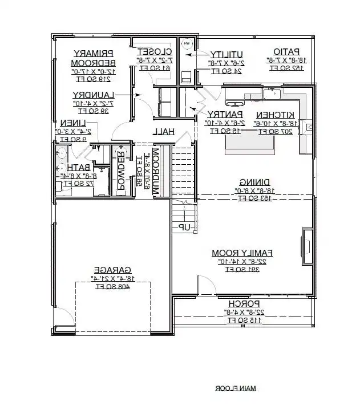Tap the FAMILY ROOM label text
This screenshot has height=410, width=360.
pyautogui.click(x=242, y=252)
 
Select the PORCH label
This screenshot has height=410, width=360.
pyautogui.click(x=243, y=303)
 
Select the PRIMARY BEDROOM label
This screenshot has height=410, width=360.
pyautogui.click(x=95, y=58)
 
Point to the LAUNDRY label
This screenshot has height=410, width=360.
pyautogui.click(x=94, y=95)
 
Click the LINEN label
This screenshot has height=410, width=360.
pyautogui.click(x=74, y=123)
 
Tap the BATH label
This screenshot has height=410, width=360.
pyautogui.click(x=76, y=167)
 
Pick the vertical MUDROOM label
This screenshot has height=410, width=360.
pyautogui.click(x=155, y=173)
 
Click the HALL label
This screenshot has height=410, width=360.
pyautogui.click(x=163, y=132)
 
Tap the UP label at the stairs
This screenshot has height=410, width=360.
pyautogui.click(x=184, y=227)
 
